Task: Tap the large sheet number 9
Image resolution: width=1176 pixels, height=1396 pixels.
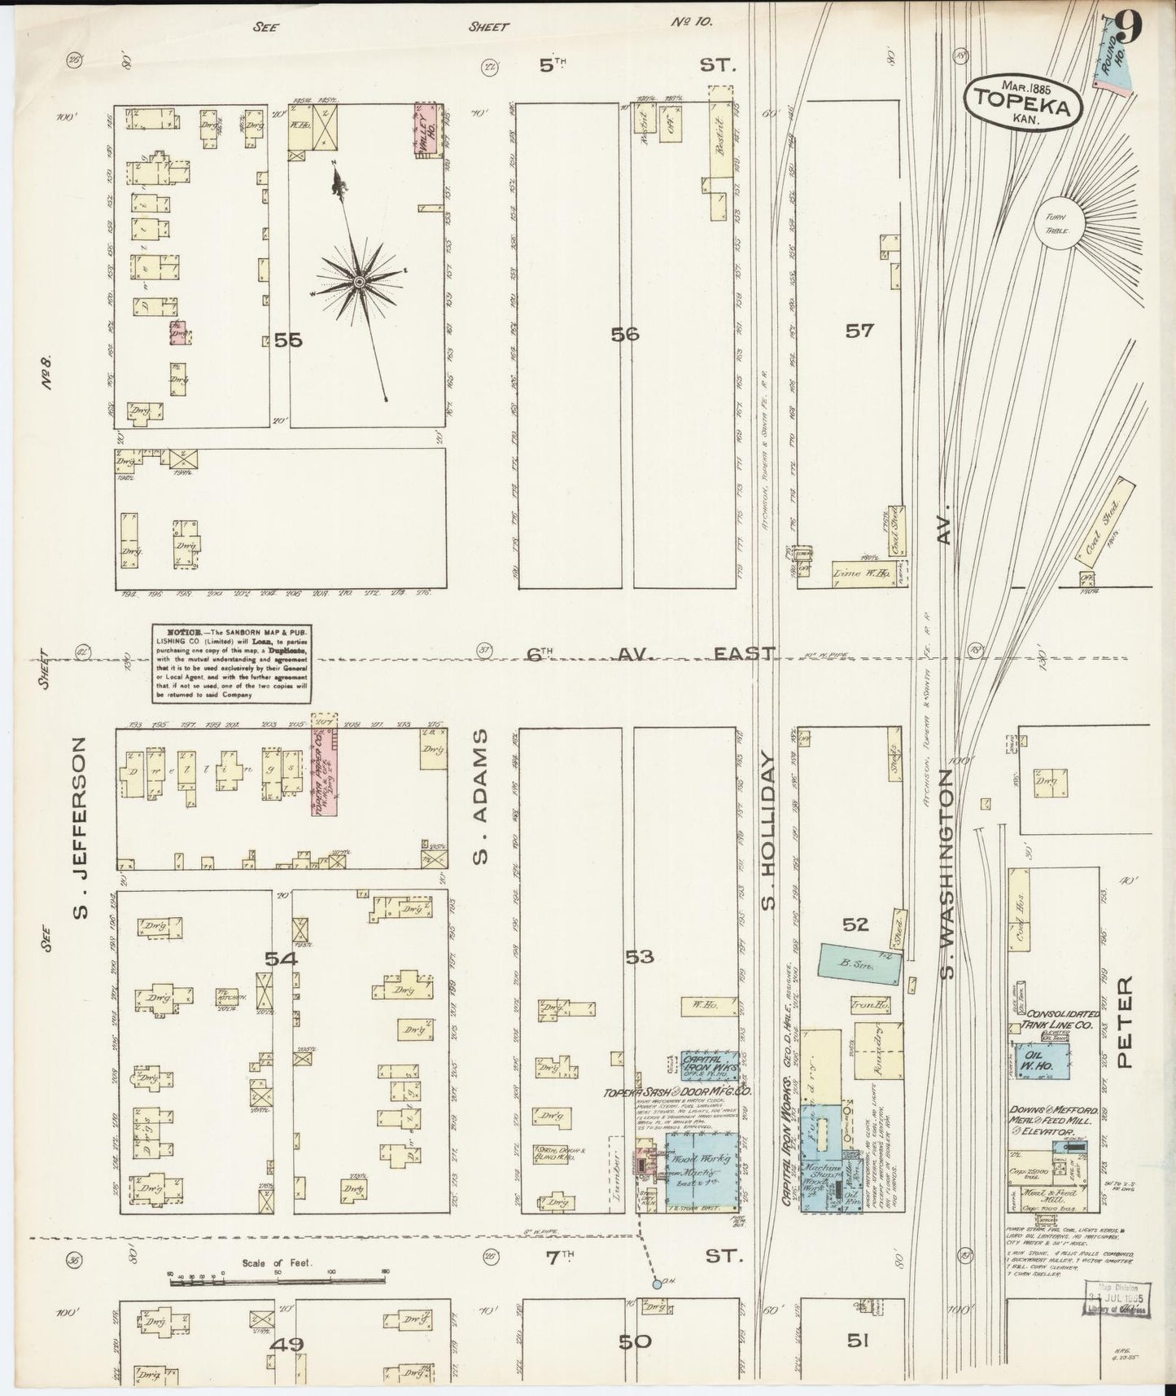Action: tap(1130, 29)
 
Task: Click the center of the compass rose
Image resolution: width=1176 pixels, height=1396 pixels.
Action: tap(358, 282)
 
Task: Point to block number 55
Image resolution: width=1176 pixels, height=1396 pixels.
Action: tap(288, 340)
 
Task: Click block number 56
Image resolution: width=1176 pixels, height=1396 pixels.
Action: tap(626, 333)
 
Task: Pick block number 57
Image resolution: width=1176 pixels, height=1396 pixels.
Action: tap(859, 330)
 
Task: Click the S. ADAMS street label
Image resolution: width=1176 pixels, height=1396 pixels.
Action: tap(482, 795)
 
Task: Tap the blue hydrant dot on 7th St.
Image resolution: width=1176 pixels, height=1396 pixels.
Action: tap(656, 1284)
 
